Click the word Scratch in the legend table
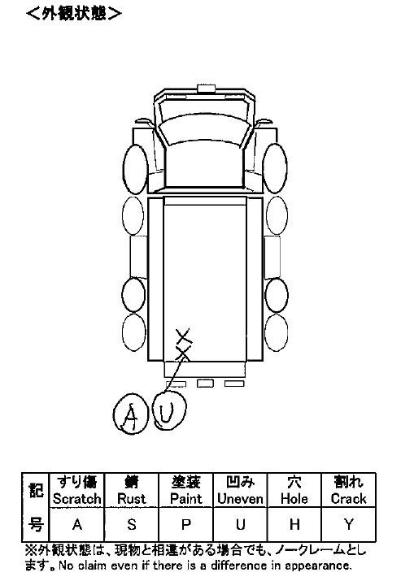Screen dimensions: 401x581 [76, 499]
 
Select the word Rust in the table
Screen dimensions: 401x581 [131, 499]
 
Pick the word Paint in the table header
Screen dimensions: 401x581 [185, 499]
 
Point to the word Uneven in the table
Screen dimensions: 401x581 [240, 499]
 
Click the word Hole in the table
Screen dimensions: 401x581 [294, 499]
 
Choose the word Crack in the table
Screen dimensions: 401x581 [348, 499]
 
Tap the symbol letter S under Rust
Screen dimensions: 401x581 [132, 525]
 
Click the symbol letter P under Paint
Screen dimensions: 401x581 [185, 525]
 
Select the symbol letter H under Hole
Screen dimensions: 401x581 [294, 525]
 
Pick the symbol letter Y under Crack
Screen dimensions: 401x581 [349, 525]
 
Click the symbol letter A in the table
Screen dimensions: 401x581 [77, 525]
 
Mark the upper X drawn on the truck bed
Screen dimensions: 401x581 [185, 336]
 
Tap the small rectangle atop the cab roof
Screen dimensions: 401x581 [207, 89]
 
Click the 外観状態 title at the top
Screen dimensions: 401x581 [74, 14]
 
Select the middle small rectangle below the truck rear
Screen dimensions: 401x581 [205, 383]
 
